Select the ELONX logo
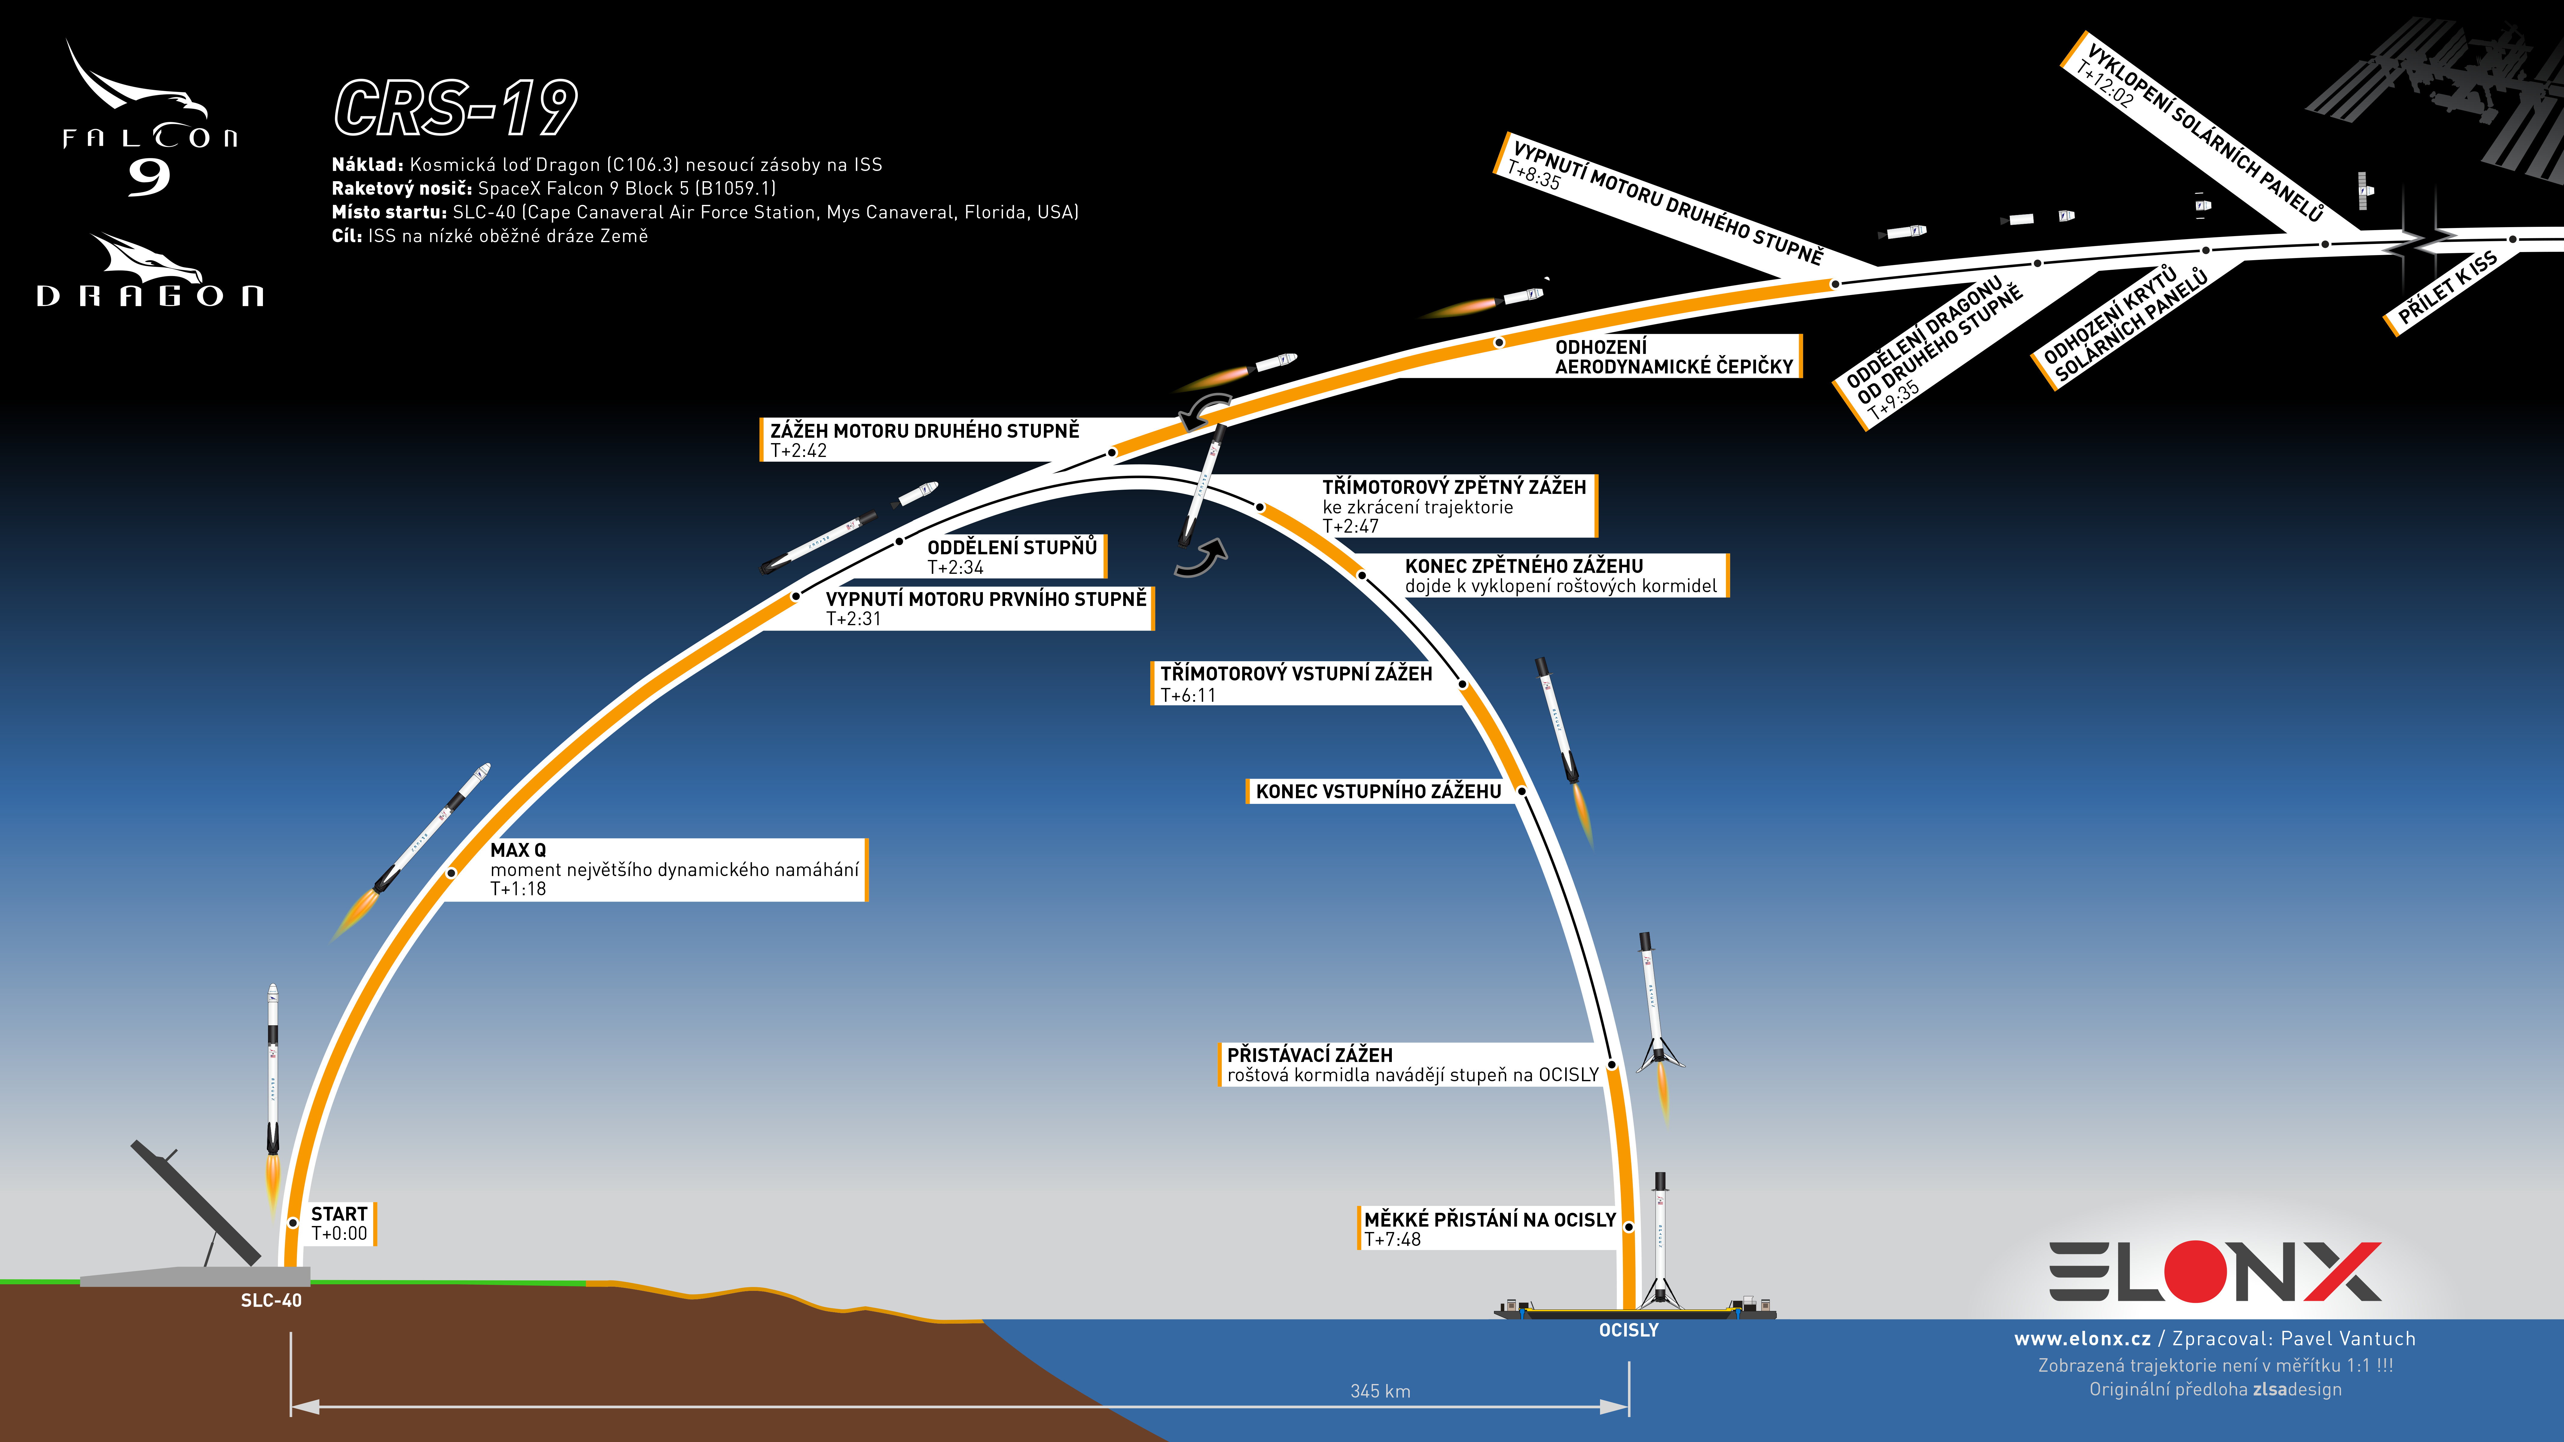click(x=2215, y=1272)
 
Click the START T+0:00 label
click(x=340, y=1223)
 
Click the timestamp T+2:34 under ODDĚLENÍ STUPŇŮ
click(x=956, y=567)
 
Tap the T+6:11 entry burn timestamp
click(x=1188, y=695)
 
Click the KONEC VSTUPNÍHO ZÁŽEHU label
click(x=1379, y=791)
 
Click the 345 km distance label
click(x=1380, y=1391)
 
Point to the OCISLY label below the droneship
click(x=1628, y=1331)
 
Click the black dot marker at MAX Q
click(x=451, y=873)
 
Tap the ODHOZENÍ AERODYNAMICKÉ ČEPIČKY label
click(x=1673, y=356)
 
